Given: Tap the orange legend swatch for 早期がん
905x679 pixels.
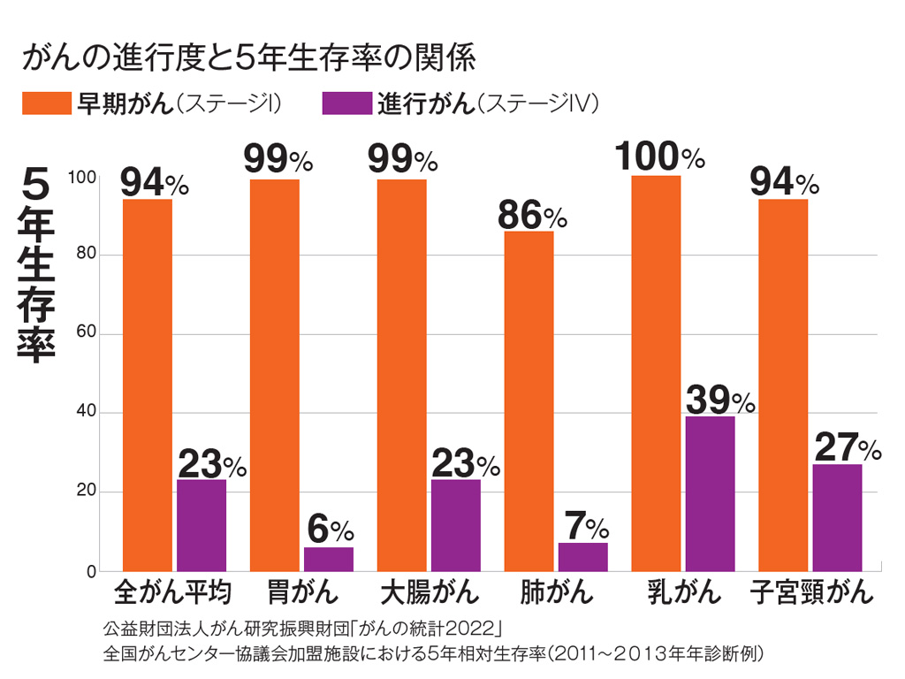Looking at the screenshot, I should click(46, 103).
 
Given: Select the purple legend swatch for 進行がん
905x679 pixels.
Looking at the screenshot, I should click(346, 103).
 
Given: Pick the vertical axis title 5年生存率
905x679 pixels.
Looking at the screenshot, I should click(36, 266).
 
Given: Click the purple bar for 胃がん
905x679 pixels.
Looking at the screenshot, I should click(329, 559).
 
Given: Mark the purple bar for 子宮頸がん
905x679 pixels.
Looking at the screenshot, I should click(837, 517).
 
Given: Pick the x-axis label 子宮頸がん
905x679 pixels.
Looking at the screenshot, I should click(811, 591).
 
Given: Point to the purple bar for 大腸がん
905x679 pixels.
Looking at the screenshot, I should click(456, 525).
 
